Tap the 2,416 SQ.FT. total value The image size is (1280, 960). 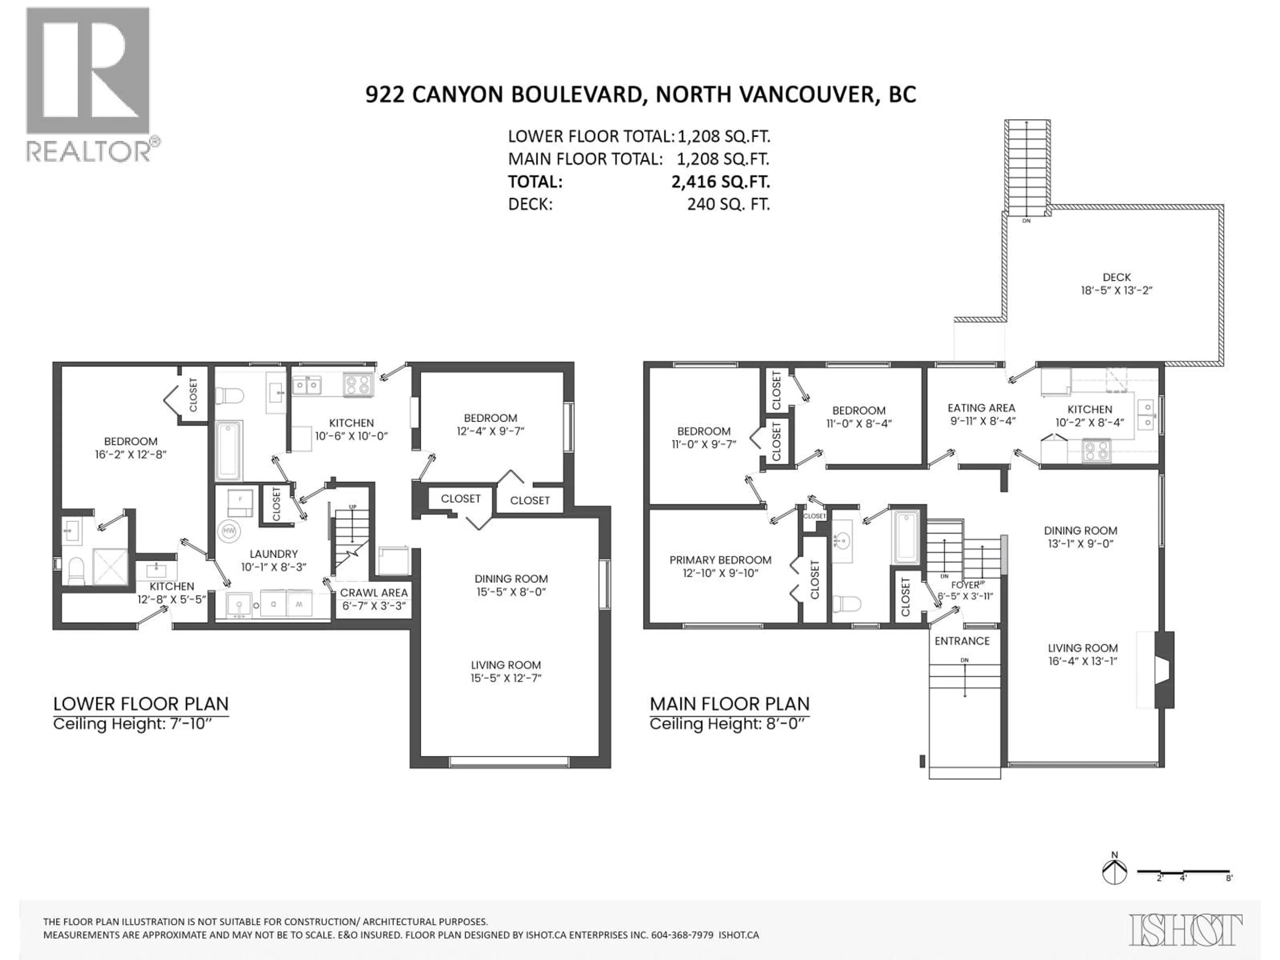pyautogui.click(x=720, y=182)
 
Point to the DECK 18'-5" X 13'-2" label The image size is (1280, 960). pyautogui.click(x=1116, y=284)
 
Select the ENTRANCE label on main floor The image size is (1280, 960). pyautogui.click(x=962, y=641)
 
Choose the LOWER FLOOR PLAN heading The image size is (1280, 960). pyautogui.click(x=141, y=704)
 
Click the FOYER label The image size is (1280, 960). pyautogui.click(x=965, y=585)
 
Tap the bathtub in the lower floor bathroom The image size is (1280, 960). pyautogui.click(x=229, y=451)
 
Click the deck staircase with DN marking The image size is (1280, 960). pyautogui.click(x=1027, y=167)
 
